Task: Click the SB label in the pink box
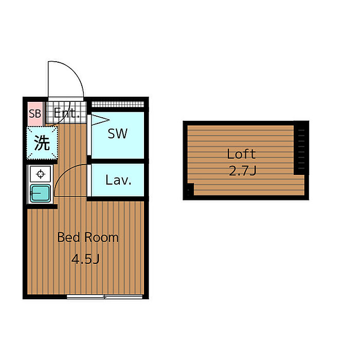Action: coord(35,114)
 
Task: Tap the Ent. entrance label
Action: coord(66,113)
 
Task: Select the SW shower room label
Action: coord(118,134)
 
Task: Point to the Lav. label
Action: coord(118,180)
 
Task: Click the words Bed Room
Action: coord(88,237)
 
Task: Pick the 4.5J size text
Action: coord(85,259)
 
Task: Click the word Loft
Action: coord(241,154)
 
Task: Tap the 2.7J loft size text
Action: coord(242,171)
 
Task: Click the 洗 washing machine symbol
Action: coord(42,143)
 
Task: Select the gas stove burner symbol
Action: coord(41,174)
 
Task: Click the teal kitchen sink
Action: coord(40,193)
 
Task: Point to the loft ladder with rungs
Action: coord(301,148)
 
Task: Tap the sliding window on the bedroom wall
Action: coord(105,297)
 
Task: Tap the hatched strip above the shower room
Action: coord(118,104)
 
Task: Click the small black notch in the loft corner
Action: coord(190,189)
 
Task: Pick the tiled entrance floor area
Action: coord(66,113)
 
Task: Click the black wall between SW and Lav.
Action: coord(118,160)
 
